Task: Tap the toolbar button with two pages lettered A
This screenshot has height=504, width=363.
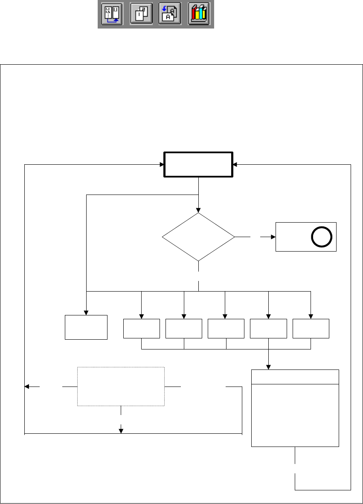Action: pyautogui.click(x=169, y=14)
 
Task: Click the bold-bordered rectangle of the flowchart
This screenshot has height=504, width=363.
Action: pyautogui.click(x=199, y=164)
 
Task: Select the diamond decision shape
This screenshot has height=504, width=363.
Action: pyautogui.click(x=199, y=237)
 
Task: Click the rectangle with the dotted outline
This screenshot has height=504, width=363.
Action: pyautogui.click(x=121, y=387)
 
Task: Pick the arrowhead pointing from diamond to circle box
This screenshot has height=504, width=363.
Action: pyautogui.click(x=273, y=237)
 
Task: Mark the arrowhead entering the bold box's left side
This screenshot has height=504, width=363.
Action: pyautogui.click(x=162, y=164)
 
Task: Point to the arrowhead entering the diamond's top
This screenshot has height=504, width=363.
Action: pyautogui.click(x=199, y=210)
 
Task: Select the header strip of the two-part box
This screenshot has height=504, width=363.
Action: pyautogui.click(x=295, y=376)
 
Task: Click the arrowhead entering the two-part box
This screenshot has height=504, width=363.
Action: pyautogui.click(x=268, y=367)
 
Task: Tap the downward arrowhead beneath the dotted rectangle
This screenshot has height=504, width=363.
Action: pyautogui.click(x=121, y=431)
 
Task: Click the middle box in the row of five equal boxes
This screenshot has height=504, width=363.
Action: pyautogui.click(x=226, y=329)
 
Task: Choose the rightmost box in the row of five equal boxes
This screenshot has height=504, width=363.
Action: pyautogui.click(x=311, y=329)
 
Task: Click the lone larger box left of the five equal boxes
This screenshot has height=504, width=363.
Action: pyautogui.click(x=86, y=327)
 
